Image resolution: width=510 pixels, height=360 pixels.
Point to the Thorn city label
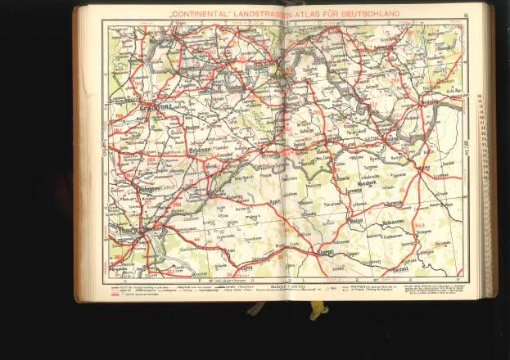click(x=123, y=232)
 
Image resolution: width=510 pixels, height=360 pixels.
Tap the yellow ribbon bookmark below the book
click(x=318, y=310)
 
